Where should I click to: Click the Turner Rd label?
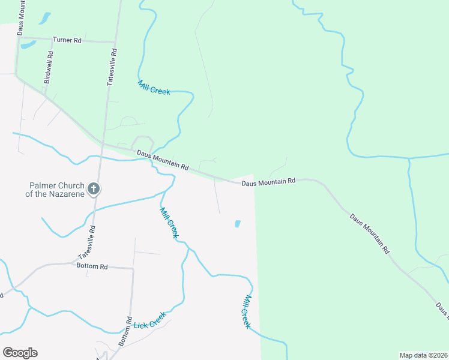[67, 40]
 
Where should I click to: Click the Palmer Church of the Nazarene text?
[53, 190]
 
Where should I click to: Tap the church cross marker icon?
[93, 189]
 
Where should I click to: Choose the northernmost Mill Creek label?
[154, 88]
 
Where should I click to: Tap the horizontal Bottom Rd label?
[92, 266]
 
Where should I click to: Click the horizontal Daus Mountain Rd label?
[269, 181]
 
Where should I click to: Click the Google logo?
[20, 353]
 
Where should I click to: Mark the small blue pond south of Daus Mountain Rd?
[237, 224]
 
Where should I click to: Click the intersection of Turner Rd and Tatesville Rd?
[114, 43]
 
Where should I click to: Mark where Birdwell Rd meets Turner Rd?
[52, 40]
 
